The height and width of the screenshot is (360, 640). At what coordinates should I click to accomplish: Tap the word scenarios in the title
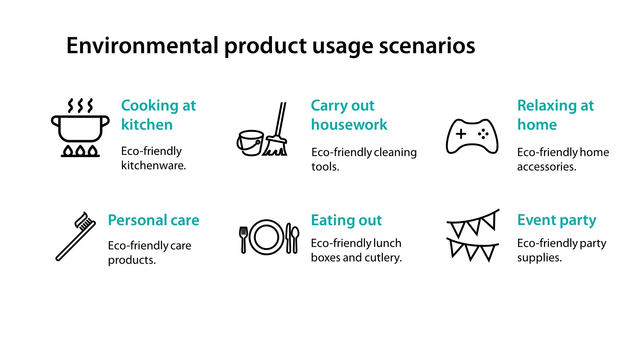click(x=427, y=46)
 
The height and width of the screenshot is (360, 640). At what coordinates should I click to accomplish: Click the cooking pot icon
click(x=80, y=128)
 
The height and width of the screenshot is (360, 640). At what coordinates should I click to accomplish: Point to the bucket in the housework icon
click(x=251, y=143)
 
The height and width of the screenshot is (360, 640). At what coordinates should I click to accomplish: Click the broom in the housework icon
click(x=277, y=134)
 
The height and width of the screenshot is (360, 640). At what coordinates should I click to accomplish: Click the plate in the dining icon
click(x=266, y=237)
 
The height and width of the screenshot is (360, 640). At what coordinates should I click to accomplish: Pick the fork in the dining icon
click(x=244, y=239)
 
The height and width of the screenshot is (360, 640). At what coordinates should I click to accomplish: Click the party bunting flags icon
click(x=473, y=236)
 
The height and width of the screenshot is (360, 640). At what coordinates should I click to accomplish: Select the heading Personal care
click(x=154, y=220)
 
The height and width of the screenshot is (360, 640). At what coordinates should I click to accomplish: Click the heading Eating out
click(x=346, y=220)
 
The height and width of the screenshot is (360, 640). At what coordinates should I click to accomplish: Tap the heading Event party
click(x=556, y=220)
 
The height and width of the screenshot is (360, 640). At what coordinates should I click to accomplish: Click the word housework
click(x=349, y=124)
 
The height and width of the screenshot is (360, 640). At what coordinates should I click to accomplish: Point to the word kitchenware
click(x=153, y=165)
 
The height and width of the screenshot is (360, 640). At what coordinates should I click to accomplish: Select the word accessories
click(x=546, y=167)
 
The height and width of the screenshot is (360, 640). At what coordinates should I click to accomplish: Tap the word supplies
click(x=539, y=258)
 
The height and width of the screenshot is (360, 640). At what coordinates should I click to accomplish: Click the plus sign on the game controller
click(x=461, y=134)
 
